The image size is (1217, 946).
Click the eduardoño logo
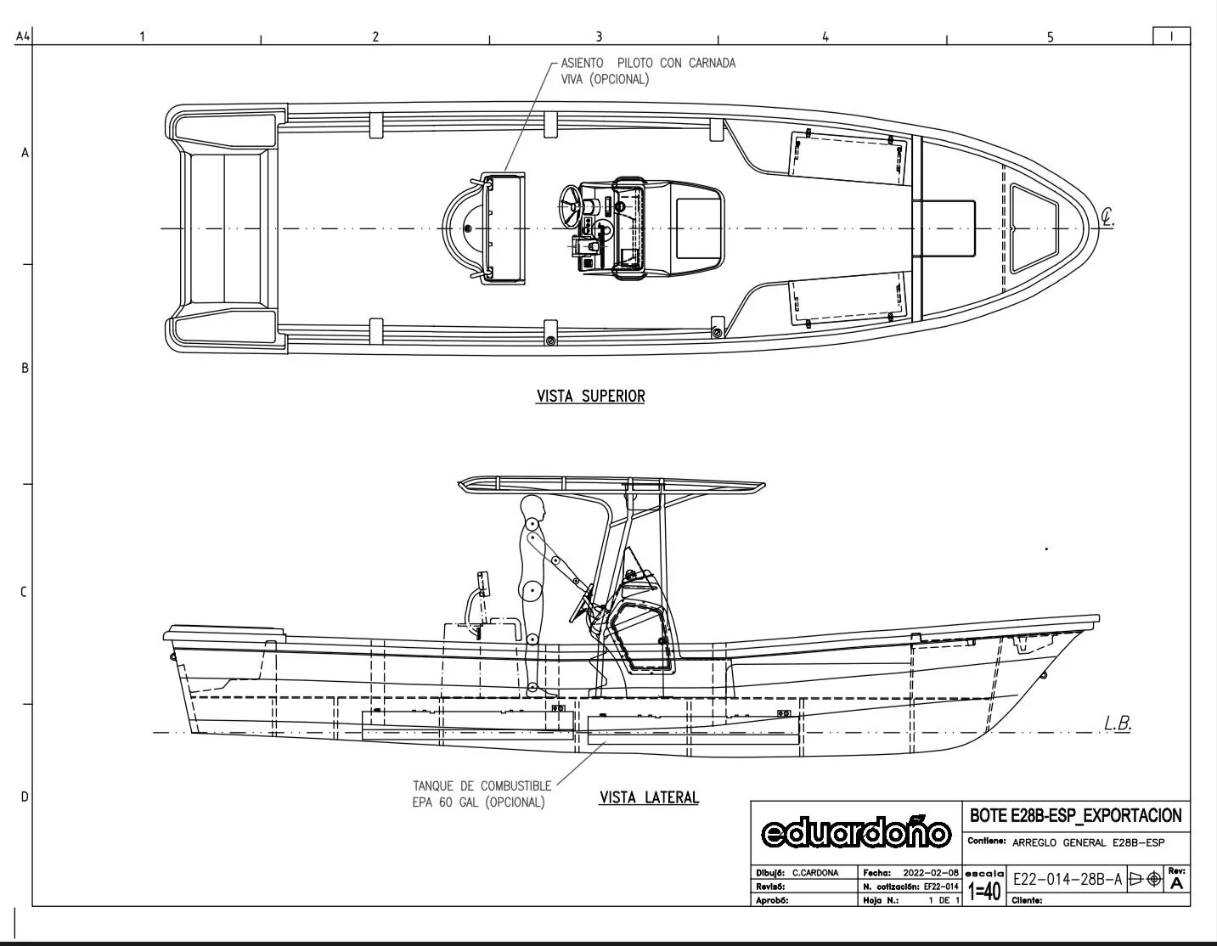[x=856, y=833]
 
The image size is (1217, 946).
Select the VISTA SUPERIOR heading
[x=590, y=397]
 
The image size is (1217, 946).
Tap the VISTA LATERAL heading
[x=649, y=797]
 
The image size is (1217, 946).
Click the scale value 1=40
[x=984, y=891]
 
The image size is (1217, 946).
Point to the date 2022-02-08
[x=930, y=872]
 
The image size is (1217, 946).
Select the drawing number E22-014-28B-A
[x=1068, y=880]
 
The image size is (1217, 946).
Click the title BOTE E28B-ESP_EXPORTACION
[x=1075, y=816]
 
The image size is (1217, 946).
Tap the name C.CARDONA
[x=815, y=872]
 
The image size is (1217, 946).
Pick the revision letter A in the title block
[x=1176, y=884]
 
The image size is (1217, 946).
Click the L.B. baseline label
[x=1118, y=724]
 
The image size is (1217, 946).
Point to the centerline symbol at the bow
[x=1107, y=217]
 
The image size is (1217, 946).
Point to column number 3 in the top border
[x=599, y=37]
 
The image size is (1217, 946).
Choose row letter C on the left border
[x=24, y=592]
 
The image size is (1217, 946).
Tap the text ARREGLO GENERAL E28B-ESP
[x=1088, y=843]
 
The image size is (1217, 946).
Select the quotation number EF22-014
[x=942, y=887]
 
